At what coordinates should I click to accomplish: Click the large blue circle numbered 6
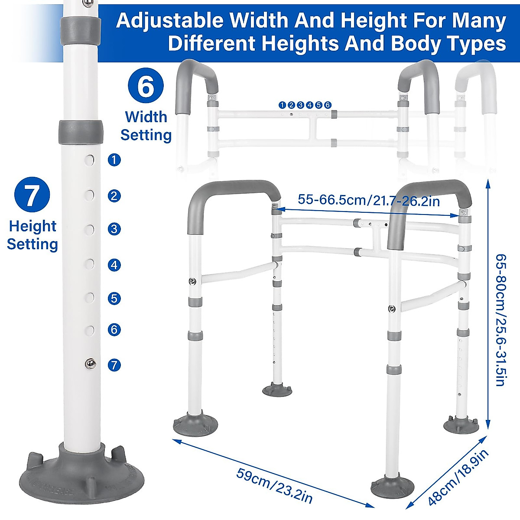146,87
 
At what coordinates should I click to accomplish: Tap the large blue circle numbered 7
32,195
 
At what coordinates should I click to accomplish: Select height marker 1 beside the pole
114,160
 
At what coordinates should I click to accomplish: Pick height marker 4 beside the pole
114,265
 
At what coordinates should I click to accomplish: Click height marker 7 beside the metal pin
114,365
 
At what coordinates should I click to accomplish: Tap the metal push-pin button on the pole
90,364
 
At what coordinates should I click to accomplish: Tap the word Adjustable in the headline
170,21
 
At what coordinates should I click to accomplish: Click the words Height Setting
32,235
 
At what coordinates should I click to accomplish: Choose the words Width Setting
146,126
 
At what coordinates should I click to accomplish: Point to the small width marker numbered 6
328,105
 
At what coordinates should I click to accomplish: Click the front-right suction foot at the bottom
392,486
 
